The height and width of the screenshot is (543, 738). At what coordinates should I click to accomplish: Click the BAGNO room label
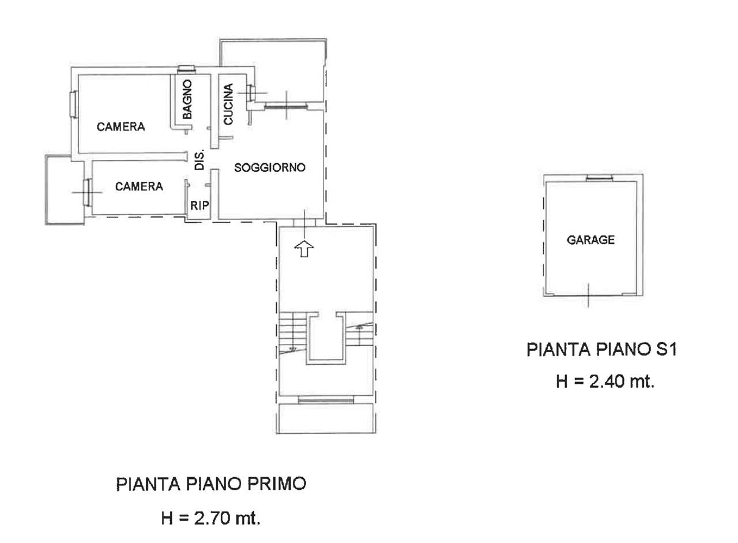click(187, 99)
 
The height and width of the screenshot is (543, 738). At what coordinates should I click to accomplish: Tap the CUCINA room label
click(228, 104)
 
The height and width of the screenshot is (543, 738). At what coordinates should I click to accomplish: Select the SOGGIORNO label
click(270, 167)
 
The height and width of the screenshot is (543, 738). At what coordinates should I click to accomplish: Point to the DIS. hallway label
click(199, 160)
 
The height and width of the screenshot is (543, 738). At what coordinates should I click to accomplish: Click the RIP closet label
click(199, 205)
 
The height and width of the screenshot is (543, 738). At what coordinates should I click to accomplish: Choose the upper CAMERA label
click(121, 126)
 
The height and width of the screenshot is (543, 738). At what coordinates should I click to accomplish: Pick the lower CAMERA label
click(139, 186)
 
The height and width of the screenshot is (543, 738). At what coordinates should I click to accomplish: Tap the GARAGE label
click(591, 239)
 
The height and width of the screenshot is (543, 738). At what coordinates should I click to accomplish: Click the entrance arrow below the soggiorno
click(304, 248)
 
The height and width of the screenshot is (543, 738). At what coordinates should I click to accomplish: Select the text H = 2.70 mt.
click(211, 518)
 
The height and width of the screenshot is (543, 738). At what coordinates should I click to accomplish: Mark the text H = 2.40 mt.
click(605, 381)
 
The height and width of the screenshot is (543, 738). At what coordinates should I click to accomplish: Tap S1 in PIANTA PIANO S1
click(666, 350)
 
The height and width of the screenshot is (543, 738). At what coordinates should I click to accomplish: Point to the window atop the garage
click(599, 178)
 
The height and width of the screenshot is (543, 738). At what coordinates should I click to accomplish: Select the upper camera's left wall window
click(73, 103)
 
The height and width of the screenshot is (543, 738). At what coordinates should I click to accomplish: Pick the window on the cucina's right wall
click(251, 93)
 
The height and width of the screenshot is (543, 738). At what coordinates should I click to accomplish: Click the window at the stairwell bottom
click(326, 400)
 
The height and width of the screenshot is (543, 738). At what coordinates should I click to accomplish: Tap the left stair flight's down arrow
click(292, 348)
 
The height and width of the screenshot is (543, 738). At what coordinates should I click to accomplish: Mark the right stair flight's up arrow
click(360, 327)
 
